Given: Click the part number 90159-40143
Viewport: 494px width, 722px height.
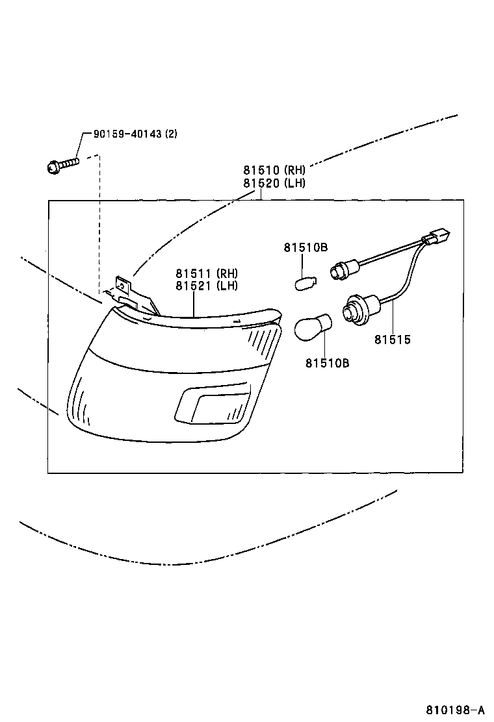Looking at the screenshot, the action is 127,134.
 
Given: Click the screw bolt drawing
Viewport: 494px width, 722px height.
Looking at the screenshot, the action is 62,165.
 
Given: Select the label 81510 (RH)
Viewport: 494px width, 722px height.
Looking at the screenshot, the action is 274,170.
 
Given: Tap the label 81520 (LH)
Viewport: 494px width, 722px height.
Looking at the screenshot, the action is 274,183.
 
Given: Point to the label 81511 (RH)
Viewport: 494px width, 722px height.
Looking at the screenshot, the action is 207,273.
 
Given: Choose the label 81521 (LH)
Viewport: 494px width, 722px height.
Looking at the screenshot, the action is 207,286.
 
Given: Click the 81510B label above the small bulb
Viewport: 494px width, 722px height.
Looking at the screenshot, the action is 305,247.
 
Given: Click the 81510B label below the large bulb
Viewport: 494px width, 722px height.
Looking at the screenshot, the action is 327,364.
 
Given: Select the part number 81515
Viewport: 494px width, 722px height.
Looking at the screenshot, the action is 392,340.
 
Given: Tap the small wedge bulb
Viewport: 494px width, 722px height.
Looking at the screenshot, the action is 305,282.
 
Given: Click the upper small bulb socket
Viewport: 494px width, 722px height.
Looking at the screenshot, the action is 343,271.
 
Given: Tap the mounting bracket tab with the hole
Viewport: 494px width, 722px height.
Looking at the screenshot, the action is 123,286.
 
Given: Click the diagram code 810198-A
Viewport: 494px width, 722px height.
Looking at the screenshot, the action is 455,709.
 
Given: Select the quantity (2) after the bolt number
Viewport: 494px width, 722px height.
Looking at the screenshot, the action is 171,134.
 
